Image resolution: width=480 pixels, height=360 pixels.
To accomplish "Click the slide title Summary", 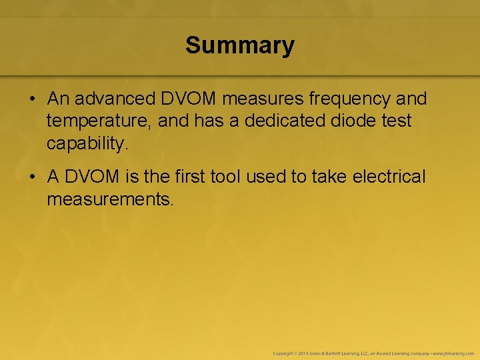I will coord(240,45).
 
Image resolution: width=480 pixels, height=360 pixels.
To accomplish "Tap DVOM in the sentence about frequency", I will coord(189,99).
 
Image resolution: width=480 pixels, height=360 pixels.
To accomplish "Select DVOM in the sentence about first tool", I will coord(91,177).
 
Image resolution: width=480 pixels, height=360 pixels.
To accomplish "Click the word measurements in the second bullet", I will coord(110,199).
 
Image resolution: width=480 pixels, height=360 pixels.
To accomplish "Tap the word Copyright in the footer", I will coord(283,353).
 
